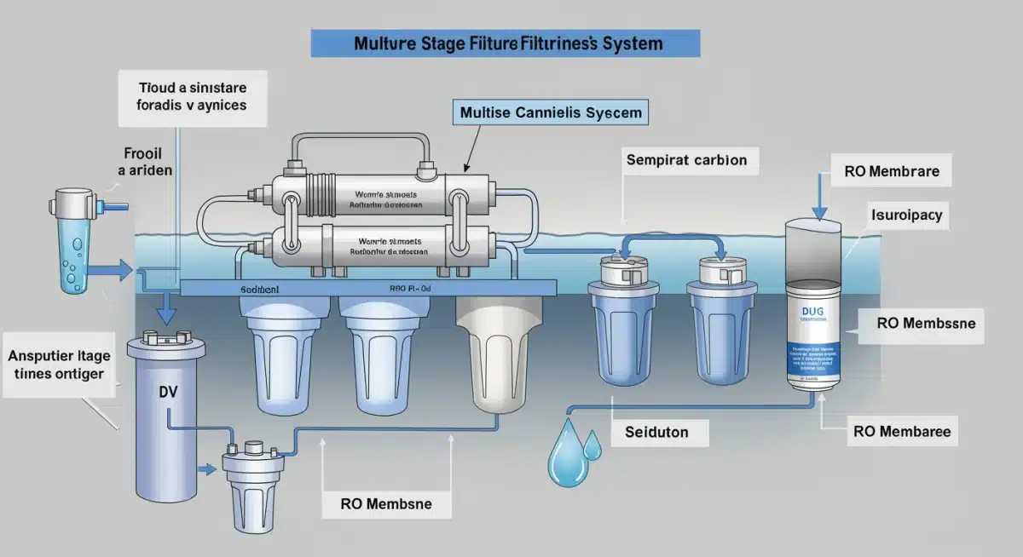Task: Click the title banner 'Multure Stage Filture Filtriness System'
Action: [x=506, y=43]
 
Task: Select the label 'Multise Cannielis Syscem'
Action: [x=551, y=112]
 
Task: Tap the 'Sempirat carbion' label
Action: [x=686, y=160]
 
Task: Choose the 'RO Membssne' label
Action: [x=925, y=324]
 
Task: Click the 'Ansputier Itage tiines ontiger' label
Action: [x=55, y=364]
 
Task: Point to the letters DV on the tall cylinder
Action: [x=168, y=394]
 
